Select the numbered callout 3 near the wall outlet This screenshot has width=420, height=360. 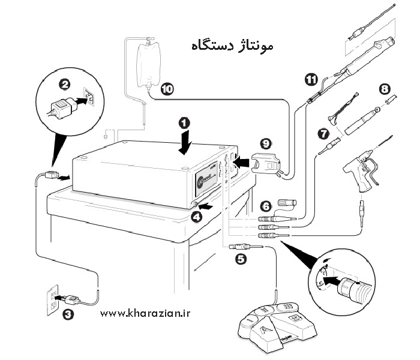[x=68, y=313]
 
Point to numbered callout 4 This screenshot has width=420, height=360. [x=196, y=217]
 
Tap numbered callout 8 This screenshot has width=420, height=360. [x=385, y=88]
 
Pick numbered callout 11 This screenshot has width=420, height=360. [x=311, y=79]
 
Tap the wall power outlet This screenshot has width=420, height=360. [x=53, y=298]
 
